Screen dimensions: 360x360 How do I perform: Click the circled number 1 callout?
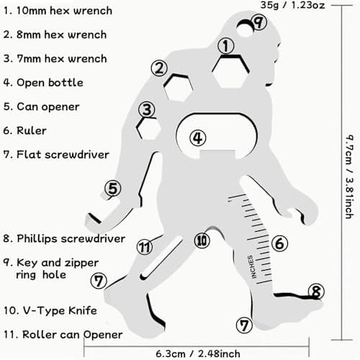226,46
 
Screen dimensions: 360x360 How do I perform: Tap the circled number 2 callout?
159,68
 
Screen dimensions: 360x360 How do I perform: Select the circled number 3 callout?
147,109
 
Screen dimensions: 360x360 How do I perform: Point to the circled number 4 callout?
198,138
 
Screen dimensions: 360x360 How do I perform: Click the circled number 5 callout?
113,188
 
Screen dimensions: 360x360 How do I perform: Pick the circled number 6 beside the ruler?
279,243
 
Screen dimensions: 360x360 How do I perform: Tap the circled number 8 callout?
316,292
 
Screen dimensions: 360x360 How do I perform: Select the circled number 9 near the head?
258,22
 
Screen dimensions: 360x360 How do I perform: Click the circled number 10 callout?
202,240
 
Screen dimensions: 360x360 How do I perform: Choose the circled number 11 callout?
145,247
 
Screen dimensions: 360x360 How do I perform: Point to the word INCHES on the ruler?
251,267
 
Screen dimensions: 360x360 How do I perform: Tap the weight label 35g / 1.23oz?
292,5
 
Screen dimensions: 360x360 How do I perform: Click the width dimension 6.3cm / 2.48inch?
198,354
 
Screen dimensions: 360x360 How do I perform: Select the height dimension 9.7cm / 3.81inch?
349,176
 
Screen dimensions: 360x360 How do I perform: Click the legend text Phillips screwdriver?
71,238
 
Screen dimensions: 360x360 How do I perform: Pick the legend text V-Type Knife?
60,310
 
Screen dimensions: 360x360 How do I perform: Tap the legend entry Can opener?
48,107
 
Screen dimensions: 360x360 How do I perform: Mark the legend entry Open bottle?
50,83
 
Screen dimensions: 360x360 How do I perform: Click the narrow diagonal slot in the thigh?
161,258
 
